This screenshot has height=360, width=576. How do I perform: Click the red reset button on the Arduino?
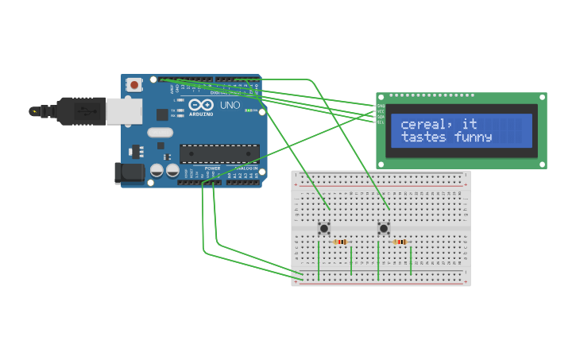point(134,84)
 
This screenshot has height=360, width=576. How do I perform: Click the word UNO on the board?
point(230,105)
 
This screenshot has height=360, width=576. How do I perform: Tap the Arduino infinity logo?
point(201,105)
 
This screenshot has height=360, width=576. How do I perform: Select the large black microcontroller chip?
point(219,153)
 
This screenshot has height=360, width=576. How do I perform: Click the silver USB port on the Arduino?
point(125,111)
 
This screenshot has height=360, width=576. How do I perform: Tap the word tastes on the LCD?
point(425,137)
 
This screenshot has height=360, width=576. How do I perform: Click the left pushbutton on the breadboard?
point(324,229)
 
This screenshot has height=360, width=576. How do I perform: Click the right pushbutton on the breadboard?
point(384,229)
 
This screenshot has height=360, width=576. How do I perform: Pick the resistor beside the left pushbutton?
point(341,242)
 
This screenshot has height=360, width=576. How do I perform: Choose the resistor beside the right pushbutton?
point(400,242)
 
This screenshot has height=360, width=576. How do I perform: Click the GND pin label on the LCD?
point(381,106)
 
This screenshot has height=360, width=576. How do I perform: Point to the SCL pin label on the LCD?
point(381,122)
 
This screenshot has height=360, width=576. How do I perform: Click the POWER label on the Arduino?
point(212,168)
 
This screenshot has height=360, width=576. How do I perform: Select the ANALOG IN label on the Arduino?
point(245,168)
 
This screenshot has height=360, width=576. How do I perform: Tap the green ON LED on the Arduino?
point(249,110)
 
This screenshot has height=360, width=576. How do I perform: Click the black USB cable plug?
point(75,111)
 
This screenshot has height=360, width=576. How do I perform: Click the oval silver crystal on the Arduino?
point(160,133)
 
